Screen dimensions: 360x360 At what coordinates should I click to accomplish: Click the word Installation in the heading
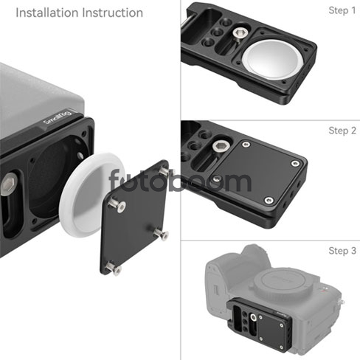46,13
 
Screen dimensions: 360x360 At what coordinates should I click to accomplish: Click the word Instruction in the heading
112,13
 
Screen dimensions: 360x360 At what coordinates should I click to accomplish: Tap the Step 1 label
342,10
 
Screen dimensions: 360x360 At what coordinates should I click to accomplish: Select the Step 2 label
342,131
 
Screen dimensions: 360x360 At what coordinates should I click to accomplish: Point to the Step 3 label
342,251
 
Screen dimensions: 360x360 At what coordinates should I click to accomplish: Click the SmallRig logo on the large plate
58,117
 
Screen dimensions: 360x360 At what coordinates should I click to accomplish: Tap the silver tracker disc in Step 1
272,60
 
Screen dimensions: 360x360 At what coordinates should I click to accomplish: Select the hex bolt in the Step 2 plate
221,147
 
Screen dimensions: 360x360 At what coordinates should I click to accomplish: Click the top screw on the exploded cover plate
164,170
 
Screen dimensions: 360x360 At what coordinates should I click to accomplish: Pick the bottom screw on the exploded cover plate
114,269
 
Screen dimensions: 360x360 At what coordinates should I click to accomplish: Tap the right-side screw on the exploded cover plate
162,234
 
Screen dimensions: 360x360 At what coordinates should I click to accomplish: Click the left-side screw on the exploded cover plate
117,205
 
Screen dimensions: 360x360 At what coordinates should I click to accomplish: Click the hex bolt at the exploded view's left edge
9,184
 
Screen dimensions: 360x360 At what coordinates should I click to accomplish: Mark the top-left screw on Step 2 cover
246,145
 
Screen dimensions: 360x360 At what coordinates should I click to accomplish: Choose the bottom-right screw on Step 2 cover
269,200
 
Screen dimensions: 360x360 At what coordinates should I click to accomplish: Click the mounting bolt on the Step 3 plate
253,318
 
